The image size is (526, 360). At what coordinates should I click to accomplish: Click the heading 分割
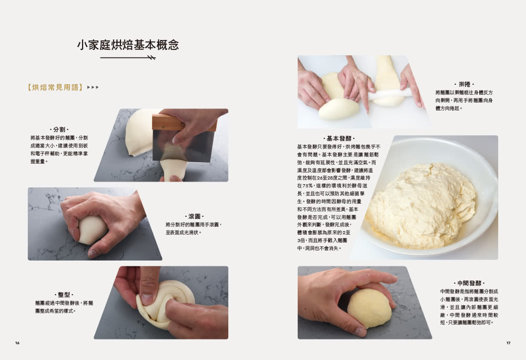(58, 129)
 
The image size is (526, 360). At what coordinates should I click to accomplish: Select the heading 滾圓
(194, 216)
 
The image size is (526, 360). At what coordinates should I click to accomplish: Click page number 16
(17, 343)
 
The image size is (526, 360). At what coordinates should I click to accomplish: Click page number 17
(508, 343)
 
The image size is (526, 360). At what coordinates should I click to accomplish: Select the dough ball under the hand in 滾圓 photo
(92, 231)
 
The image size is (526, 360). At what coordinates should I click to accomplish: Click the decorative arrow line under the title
(128, 57)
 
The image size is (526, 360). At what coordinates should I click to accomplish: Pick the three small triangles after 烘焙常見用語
(93, 87)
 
